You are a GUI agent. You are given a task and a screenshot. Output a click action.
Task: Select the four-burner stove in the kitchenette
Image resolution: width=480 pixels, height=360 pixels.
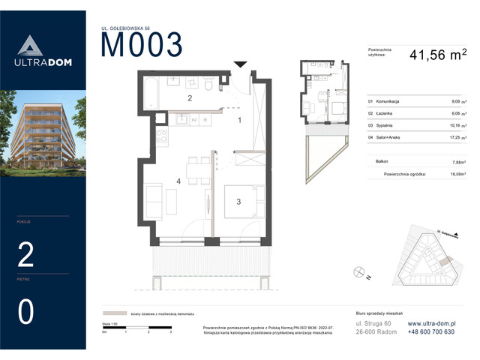pos(160,137)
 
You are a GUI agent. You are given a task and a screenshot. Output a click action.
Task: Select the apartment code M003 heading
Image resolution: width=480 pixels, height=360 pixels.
pos(142,46)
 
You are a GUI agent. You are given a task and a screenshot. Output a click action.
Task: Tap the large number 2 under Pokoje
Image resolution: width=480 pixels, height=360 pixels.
pos(25,256)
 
